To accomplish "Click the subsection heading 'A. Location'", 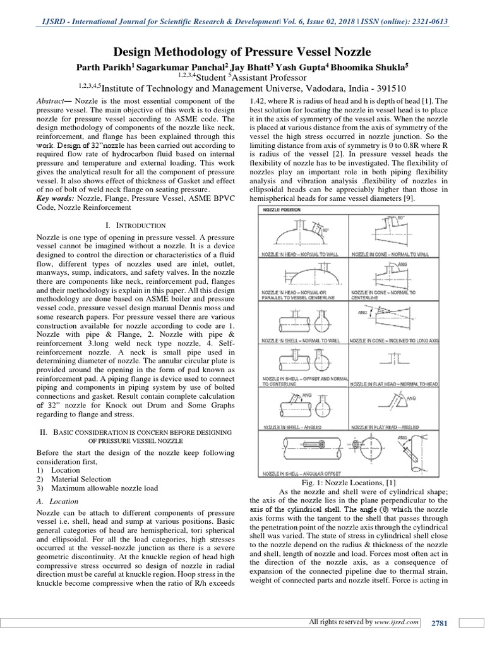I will (55, 500).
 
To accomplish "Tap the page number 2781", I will (439, 623).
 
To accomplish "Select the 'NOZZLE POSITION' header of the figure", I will (282, 209).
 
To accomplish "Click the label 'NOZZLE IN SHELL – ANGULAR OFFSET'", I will (302, 473).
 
